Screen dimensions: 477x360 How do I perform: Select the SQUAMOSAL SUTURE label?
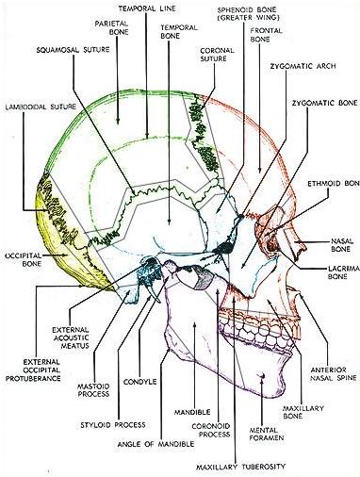(x=66, y=47)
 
